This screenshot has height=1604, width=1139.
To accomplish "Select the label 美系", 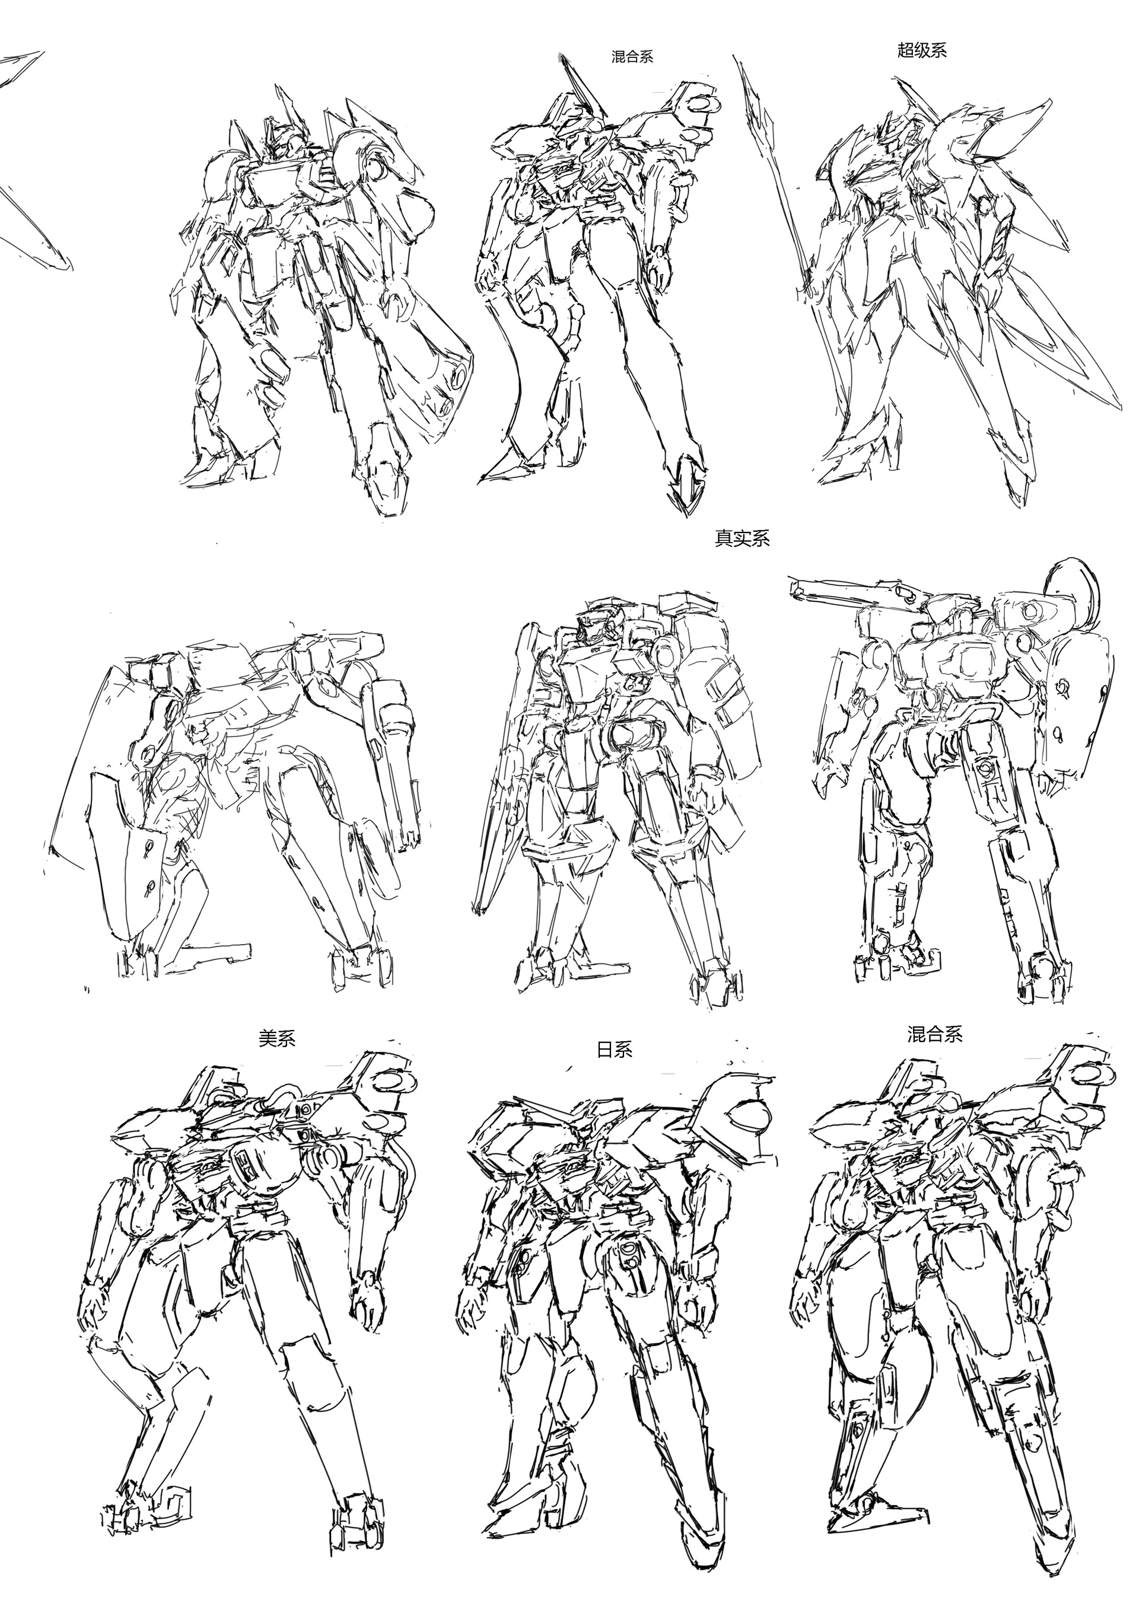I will click(x=277, y=1038).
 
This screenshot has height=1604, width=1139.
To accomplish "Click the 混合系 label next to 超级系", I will click(x=632, y=57).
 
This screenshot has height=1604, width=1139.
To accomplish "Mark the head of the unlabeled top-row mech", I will click(x=284, y=140).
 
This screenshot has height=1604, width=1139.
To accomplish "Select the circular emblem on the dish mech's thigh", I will click(x=986, y=770).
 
